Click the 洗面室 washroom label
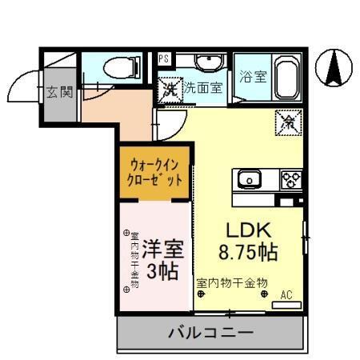pyautogui.click(x=205, y=89)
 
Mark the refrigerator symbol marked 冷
pyautogui.click(x=287, y=122)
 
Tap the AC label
pyautogui.click(x=286, y=295)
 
